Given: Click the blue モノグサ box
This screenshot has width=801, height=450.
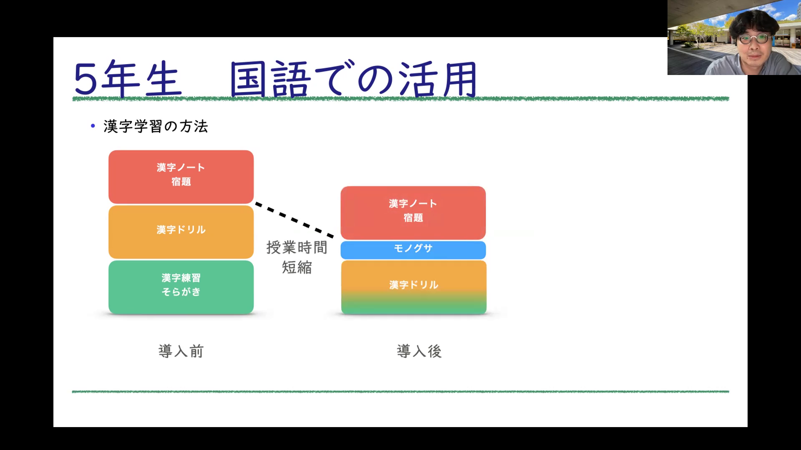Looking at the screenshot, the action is point(413,250).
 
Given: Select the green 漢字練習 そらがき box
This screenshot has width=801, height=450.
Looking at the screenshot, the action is point(181,287).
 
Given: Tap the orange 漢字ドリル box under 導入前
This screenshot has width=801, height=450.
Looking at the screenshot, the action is point(181,232).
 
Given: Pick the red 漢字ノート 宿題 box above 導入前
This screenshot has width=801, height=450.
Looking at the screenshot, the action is point(181,177).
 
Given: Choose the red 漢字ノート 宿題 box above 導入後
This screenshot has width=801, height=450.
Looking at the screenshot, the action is point(413,212).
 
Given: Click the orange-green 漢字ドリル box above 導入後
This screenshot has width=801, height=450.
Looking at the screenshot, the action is point(414,287).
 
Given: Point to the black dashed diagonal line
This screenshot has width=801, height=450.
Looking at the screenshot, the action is point(295,220).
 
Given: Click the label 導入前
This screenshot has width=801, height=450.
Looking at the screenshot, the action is point(181,351).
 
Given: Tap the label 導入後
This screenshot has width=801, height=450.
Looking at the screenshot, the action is point(419,351).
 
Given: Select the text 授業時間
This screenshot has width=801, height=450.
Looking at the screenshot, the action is point(297,247).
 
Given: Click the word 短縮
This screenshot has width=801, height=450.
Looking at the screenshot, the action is point(297,267).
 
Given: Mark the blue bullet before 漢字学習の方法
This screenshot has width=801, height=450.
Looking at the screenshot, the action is point(93,125).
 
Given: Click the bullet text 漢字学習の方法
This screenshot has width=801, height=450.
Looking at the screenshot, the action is point(156,126).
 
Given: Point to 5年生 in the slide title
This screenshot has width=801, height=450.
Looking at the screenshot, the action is point(128,79).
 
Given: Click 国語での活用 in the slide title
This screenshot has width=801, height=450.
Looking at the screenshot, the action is point(354,79).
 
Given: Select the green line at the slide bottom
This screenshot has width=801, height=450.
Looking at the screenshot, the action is point(400,392).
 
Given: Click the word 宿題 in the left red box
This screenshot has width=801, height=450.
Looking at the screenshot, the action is point(181,182).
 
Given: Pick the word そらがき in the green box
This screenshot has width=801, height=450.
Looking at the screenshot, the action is point(181,292).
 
